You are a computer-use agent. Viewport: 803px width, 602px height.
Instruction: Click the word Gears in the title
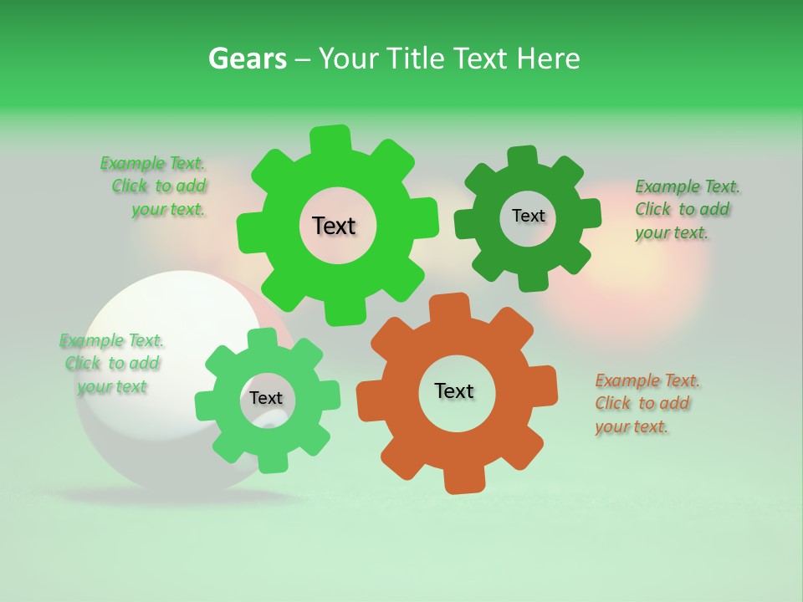247,59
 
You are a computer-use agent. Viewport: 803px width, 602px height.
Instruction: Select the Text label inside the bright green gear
334,226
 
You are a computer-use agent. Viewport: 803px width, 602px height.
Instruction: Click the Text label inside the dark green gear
528,216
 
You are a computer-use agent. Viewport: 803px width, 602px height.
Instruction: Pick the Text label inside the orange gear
454,390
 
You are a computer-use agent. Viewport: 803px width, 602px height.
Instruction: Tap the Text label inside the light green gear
266,398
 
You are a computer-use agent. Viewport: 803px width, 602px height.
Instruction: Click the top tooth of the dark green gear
522,157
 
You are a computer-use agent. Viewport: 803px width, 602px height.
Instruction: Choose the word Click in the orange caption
612,403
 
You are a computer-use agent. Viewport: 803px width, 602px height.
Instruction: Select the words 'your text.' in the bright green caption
167,209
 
